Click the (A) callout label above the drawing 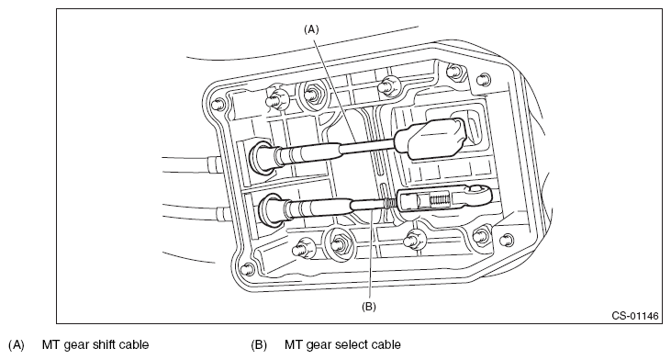(x=311, y=29)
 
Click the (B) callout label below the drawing (x=369, y=307)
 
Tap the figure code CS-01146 (x=635, y=316)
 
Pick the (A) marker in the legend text (x=17, y=344)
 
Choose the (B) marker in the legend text (x=259, y=344)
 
